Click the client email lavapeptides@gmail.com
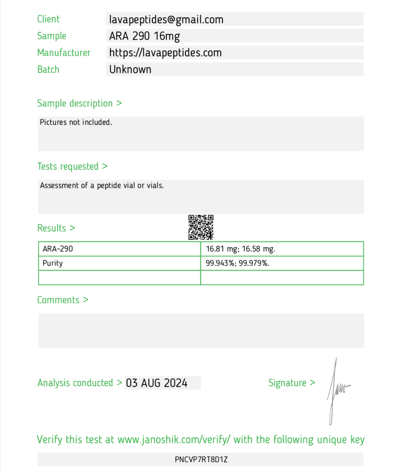tap(166, 19)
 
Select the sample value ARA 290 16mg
tap(144, 36)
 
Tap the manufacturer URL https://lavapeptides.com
tap(165, 53)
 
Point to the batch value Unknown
tap(130, 70)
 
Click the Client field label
tap(48, 19)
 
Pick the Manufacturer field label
tap(64, 53)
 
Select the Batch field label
tap(48, 70)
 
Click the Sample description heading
tap(79, 103)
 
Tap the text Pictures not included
tap(76, 123)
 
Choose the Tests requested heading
tap(72, 167)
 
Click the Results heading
tap(56, 228)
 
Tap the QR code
tap(200, 227)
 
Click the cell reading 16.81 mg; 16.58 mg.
tap(240, 249)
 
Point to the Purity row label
tap(52, 263)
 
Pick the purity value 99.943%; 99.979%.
tap(238, 263)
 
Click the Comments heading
tap(62, 300)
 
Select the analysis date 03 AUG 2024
tap(157, 383)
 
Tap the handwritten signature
tap(336, 390)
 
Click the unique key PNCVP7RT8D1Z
tap(201, 460)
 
